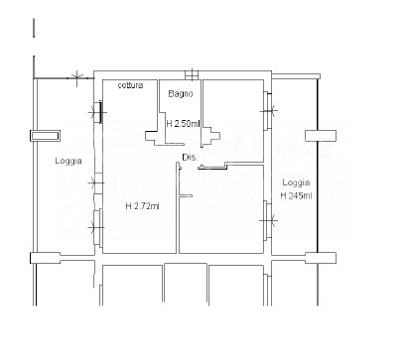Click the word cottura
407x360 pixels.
(131, 85)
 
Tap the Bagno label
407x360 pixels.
(181, 93)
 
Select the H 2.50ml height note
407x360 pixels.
(183, 124)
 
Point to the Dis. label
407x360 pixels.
(190, 158)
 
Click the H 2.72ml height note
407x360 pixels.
(142, 206)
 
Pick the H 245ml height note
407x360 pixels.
(296, 195)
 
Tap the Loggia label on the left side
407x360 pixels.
(68, 161)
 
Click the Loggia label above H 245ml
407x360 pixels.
(296, 182)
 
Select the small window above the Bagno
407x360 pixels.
(192, 74)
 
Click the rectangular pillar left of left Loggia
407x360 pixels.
(45, 136)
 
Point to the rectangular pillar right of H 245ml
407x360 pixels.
(321, 136)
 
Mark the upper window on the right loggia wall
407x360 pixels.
(267, 111)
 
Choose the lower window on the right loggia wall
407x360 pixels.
(267, 220)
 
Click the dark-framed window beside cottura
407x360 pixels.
(98, 112)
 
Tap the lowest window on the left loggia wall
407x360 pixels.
(97, 227)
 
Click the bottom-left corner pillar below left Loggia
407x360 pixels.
(45, 258)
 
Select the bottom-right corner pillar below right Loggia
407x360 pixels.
(321, 258)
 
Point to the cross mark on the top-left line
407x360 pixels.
(76, 78)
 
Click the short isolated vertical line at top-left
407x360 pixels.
(34, 28)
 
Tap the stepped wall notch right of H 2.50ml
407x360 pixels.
(211, 136)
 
